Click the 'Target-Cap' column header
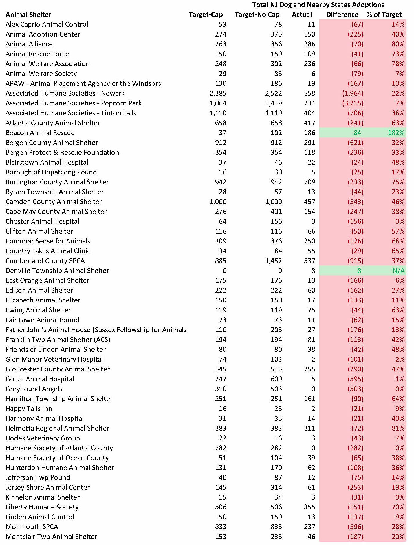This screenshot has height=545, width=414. pyautogui.click(x=206, y=14)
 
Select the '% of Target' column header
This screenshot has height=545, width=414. pyautogui.click(x=384, y=14)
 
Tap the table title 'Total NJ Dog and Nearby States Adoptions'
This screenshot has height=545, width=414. pyautogui.click(x=318, y=5)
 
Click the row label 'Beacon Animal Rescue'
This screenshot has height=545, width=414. pyautogui.click(x=40, y=133)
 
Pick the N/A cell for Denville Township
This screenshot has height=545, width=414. pyautogui.click(x=398, y=271)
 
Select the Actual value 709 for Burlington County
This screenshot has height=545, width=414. pyautogui.click(x=309, y=182)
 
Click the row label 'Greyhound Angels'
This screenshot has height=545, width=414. pyautogui.click(x=34, y=389)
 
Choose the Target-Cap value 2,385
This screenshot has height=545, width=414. pyautogui.click(x=218, y=93)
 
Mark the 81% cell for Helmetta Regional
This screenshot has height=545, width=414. pyautogui.click(x=398, y=428)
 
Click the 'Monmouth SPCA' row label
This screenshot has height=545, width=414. pyautogui.click(x=32, y=527)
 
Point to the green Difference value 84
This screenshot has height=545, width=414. pyautogui.click(x=357, y=133)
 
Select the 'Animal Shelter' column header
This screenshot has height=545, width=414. pyautogui.click(x=28, y=14)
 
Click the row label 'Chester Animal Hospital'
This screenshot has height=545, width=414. pyautogui.click(x=42, y=221)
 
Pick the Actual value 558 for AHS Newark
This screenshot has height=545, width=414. pyautogui.click(x=309, y=93)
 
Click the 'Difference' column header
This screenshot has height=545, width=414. pyautogui.click(x=342, y=14)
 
